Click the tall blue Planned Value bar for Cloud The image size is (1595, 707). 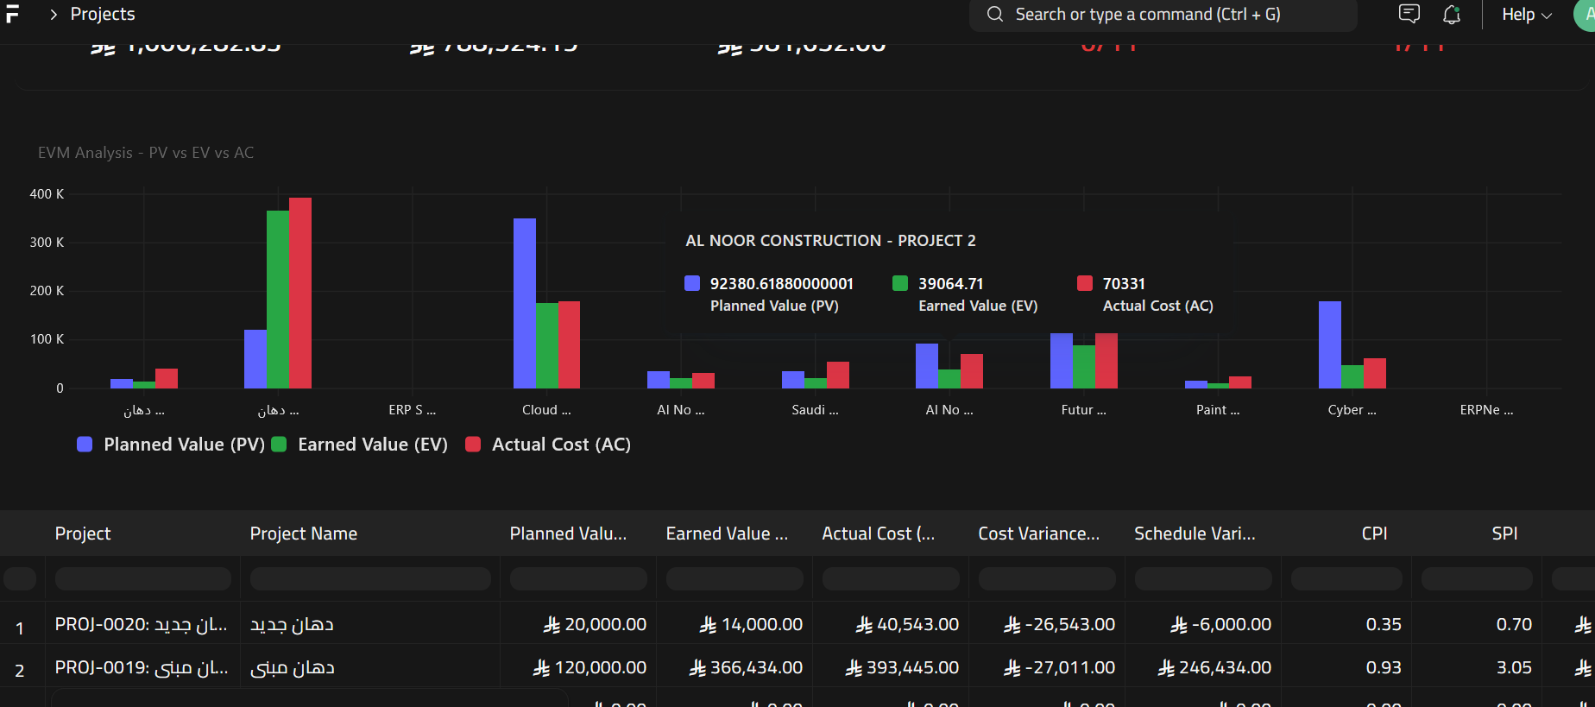(525, 302)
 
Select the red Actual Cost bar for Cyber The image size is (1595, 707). (1375, 373)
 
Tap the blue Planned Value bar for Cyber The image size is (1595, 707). (1330, 344)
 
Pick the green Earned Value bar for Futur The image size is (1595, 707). (1084, 366)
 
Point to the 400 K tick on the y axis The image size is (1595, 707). (47, 194)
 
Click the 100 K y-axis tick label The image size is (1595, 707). (47, 339)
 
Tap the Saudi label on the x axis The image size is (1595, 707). (815, 410)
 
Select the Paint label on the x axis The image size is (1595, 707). (1217, 410)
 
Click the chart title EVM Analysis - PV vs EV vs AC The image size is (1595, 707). (146, 153)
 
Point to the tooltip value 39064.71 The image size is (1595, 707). (950, 284)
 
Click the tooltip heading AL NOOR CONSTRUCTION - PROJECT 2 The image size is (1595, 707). (830, 241)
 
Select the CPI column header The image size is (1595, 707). (1374, 533)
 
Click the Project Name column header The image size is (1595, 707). (304, 533)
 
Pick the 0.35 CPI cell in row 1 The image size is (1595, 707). (1383, 624)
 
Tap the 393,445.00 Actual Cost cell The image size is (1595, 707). (902, 667)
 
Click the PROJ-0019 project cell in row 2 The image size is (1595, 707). (142, 667)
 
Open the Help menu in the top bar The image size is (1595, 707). (1526, 15)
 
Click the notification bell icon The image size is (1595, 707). (1452, 15)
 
